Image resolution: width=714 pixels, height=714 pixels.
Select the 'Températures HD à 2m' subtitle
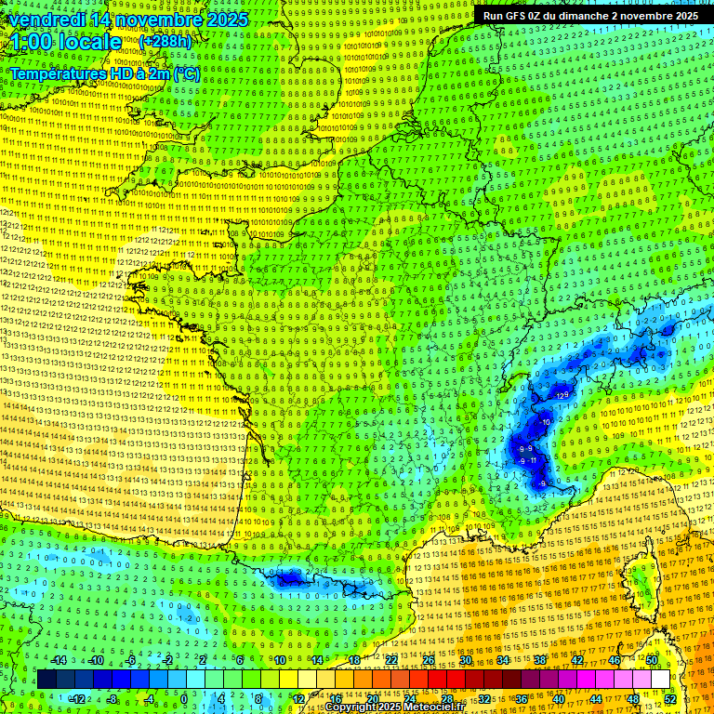(x=88, y=73)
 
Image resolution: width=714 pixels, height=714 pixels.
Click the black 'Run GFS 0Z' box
(x=590, y=15)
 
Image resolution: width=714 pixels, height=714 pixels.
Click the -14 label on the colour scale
(x=60, y=660)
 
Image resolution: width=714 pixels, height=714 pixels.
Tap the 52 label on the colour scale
(x=670, y=698)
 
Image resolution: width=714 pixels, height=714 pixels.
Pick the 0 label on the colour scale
(x=183, y=698)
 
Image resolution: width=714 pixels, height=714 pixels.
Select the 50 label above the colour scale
(x=652, y=660)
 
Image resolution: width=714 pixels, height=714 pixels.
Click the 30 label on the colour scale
(x=466, y=660)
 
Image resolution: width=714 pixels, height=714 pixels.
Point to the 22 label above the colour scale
(x=391, y=660)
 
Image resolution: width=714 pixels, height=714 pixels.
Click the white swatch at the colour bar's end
(x=660, y=679)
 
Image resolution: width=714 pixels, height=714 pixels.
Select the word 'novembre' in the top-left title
(x=160, y=20)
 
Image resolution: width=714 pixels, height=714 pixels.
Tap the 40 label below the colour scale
(x=559, y=698)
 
